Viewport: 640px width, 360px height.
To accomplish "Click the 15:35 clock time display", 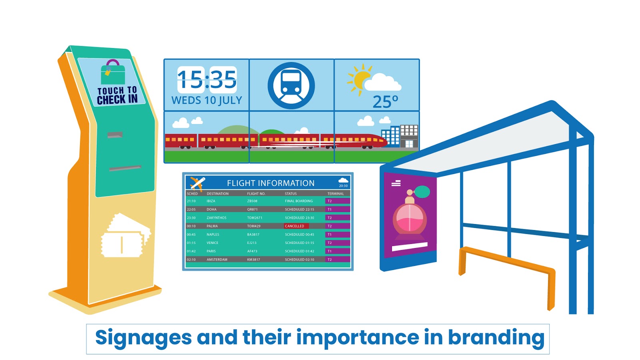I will [x=207, y=80].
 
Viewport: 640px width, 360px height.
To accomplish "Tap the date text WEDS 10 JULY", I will [x=207, y=100].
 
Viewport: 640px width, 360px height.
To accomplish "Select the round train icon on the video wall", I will [x=291, y=85].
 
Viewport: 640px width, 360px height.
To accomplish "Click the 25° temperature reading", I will [x=385, y=102].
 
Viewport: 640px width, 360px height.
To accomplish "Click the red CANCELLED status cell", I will [x=296, y=226].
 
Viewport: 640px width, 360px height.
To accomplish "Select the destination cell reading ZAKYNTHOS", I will [x=216, y=218].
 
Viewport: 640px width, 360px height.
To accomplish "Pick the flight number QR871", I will [x=252, y=209].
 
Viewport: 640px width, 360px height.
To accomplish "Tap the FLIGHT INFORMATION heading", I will [x=271, y=183].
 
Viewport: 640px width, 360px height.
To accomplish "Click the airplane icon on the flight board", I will [x=197, y=183].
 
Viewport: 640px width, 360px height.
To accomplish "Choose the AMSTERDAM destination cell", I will [x=217, y=260].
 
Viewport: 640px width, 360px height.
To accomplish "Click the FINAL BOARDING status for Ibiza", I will [x=299, y=201].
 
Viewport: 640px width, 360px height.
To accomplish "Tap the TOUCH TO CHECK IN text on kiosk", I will [x=117, y=95].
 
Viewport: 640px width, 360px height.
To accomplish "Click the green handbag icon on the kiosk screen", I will [x=113, y=72].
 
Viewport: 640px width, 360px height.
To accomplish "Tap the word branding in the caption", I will [x=496, y=338].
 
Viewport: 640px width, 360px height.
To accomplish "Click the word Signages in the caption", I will [x=143, y=338].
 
